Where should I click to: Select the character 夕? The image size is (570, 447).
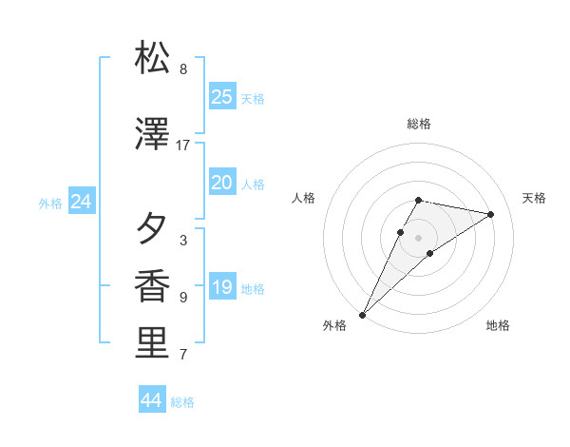153,228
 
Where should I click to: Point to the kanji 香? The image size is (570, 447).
153,286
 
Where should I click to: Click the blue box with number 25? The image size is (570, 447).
221,96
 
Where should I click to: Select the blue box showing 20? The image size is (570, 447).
221,183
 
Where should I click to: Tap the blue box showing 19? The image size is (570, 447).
221,287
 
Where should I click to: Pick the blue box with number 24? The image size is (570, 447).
82,202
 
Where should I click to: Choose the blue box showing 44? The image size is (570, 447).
152,400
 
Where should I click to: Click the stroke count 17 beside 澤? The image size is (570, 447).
183,146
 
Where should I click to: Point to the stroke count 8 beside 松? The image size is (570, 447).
183,69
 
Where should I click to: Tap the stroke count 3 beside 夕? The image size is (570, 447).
183,241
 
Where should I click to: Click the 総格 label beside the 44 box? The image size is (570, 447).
182,402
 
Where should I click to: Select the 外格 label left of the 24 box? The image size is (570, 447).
50,203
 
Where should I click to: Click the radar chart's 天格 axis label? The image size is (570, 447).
534,198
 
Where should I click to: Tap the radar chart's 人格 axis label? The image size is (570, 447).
303,198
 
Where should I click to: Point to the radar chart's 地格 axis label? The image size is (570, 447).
498,325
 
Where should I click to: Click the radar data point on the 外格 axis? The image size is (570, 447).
362,314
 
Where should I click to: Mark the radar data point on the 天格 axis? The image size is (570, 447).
491,214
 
